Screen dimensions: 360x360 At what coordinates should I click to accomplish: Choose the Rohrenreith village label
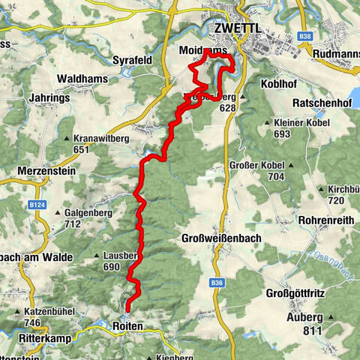[x=324, y=220]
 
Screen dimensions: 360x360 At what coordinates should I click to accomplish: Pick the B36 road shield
[x=217, y=282]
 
